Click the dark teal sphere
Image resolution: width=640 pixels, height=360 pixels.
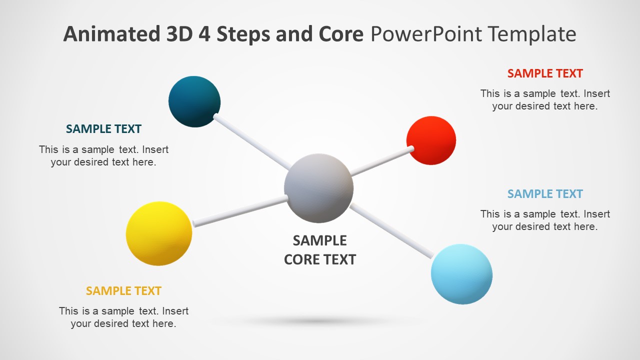[x=194, y=101]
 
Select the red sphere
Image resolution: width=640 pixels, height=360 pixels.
[x=431, y=140]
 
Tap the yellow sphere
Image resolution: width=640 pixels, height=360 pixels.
[x=159, y=233]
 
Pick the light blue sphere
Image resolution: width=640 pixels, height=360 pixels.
[x=461, y=274]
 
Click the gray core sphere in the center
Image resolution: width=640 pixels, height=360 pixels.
[x=318, y=188]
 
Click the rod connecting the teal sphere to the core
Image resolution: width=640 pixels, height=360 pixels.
[x=252, y=142]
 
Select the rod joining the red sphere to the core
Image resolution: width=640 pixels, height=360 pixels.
[x=381, y=161]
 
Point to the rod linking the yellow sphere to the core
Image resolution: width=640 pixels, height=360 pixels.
[x=240, y=210]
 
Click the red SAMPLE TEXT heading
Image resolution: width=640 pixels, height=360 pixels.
[x=545, y=73]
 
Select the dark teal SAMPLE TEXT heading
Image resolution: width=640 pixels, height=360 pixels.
[x=103, y=129]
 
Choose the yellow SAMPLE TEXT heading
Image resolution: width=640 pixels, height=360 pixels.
[x=123, y=291]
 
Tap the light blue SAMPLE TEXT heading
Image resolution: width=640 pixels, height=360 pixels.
[x=545, y=194]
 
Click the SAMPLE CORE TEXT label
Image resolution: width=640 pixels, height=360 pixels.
[x=319, y=250]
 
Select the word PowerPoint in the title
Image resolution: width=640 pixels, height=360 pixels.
[x=426, y=34]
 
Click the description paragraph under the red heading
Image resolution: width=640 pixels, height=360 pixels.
[x=545, y=99]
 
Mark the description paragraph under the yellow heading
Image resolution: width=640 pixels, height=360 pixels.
[x=123, y=317]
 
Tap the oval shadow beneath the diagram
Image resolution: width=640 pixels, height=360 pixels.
[x=320, y=321]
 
